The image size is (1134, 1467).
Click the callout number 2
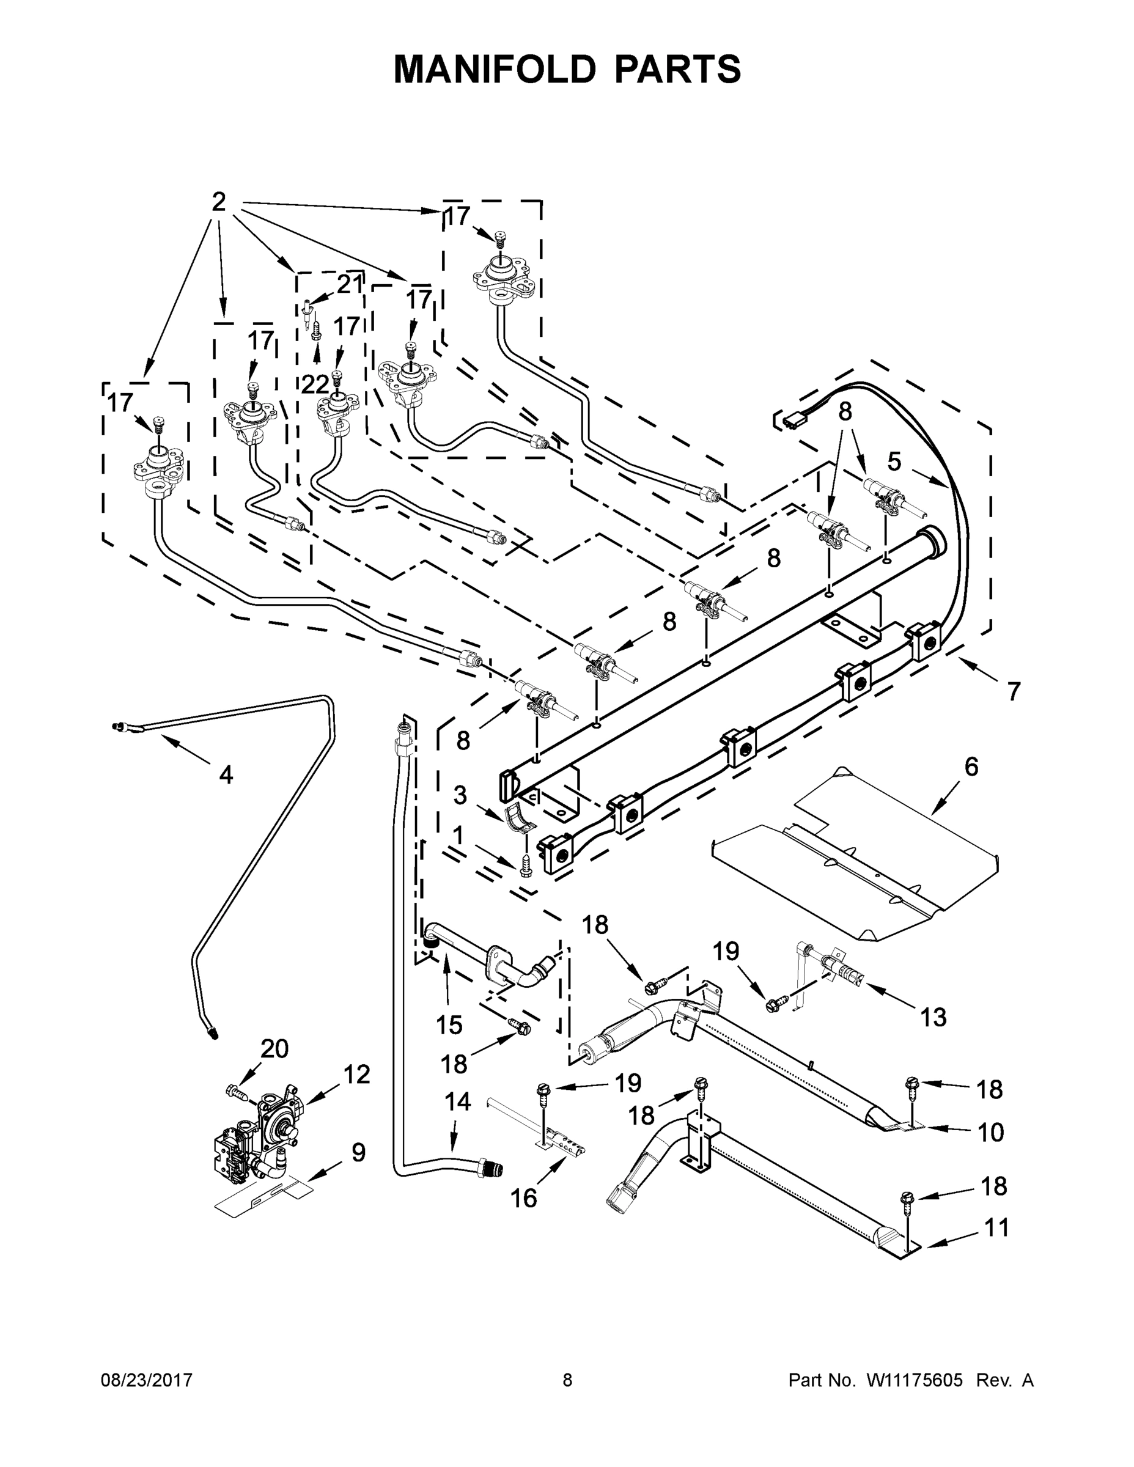pos(218,202)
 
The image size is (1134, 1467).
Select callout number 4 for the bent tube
pos(226,774)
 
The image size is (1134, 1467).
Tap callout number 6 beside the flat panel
pos(971,767)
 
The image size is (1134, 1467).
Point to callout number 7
pos(1014,691)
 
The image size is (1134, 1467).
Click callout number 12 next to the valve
pos(357,1075)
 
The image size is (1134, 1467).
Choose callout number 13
pos(933,1017)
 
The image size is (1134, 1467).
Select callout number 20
pos(274,1048)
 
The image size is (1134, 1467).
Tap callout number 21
pos(349,285)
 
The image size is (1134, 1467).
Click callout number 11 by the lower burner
pos(996,1228)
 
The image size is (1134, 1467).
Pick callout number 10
pos(990,1133)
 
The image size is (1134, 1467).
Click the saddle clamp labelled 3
pos(517,817)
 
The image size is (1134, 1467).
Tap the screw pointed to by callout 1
pos(525,867)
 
